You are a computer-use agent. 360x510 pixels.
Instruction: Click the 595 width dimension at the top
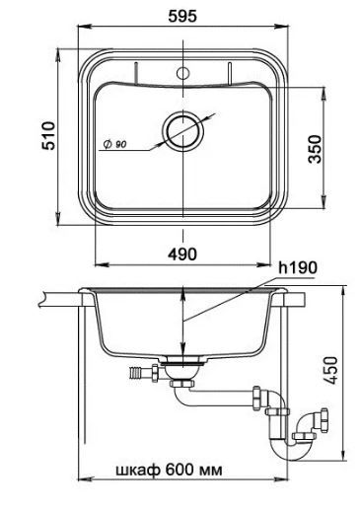182,16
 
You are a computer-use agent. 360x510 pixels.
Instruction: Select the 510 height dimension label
48,136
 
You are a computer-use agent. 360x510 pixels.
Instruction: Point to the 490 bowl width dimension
182,254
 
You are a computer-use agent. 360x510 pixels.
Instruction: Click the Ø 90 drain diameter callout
114,144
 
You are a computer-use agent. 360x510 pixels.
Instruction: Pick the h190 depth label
298,267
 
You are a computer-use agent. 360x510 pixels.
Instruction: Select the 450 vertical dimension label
330,370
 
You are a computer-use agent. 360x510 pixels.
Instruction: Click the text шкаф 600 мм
169,470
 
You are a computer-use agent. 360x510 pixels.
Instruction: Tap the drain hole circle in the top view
182,131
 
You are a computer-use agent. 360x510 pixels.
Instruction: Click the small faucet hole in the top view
182,73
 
